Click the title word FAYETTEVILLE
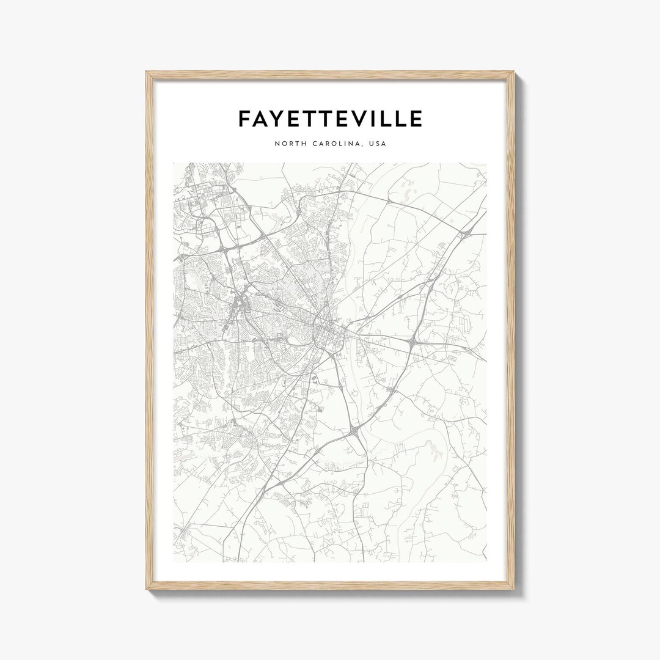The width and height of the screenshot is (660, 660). click(330, 119)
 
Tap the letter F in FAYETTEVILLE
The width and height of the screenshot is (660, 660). click(244, 119)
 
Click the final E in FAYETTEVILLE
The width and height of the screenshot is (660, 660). click(415, 119)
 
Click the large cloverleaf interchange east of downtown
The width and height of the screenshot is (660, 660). click(414, 340)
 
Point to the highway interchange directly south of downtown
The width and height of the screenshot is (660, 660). click(354, 432)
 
